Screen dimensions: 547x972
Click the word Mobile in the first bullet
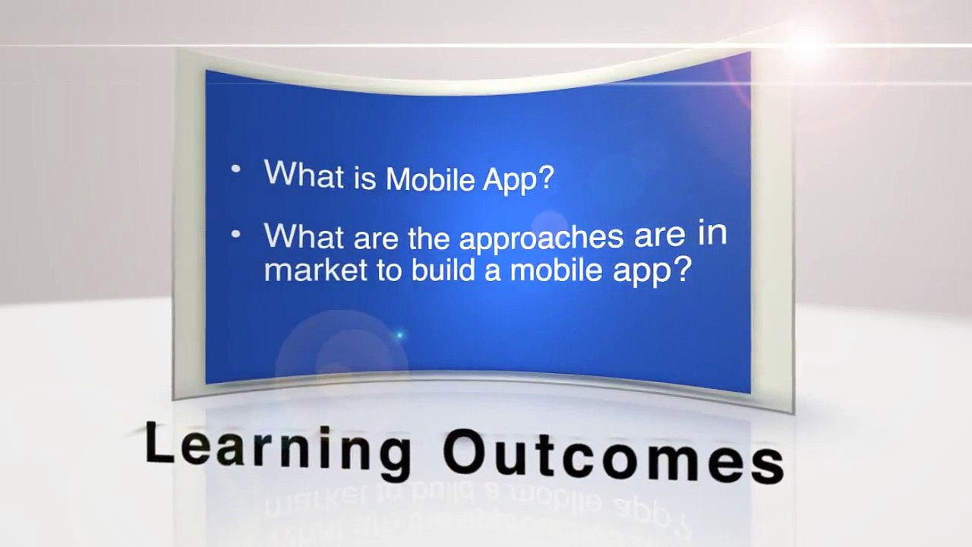pyautogui.click(x=431, y=179)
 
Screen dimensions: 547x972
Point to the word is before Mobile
pyautogui.click(x=365, y=177)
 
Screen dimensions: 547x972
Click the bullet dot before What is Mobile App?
pyautogui.click(x=236, y=169)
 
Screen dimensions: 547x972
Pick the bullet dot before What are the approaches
pyautogui.click(x=236, y=235)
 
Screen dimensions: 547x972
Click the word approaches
pyautogui.click(x=541, y=239)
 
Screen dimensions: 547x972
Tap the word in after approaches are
pyautogui.click(x=712, y=234)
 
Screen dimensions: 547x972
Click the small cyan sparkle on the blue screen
pyautogui.click(x=399, y=335)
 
